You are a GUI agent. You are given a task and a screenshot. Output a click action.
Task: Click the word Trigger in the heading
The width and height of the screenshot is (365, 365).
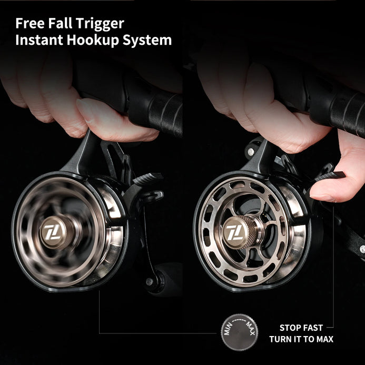pos(100,24)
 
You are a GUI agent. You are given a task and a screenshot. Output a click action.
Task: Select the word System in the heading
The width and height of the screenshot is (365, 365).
pos(147,41)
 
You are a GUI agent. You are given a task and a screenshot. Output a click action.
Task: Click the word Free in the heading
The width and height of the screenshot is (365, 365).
pos(30,23)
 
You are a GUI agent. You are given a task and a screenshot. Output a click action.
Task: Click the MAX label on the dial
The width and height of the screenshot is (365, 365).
pos(251,328)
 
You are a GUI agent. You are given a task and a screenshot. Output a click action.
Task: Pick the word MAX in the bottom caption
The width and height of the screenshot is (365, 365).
pos(324,339)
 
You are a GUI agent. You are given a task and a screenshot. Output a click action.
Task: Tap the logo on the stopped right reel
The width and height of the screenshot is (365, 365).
pos(235,232)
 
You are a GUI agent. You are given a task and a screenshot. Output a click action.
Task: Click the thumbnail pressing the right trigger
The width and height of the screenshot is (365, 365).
pos(323,198)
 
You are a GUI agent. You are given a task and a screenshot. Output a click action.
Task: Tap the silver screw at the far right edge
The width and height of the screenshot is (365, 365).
pos(362,249)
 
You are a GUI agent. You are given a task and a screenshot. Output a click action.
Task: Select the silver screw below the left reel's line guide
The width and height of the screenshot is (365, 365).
pos(149,282)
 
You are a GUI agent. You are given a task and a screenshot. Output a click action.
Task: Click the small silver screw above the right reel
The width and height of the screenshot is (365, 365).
pos(251,152)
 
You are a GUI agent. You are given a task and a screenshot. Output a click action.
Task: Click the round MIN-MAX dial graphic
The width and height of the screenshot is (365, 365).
pos(239,332)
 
